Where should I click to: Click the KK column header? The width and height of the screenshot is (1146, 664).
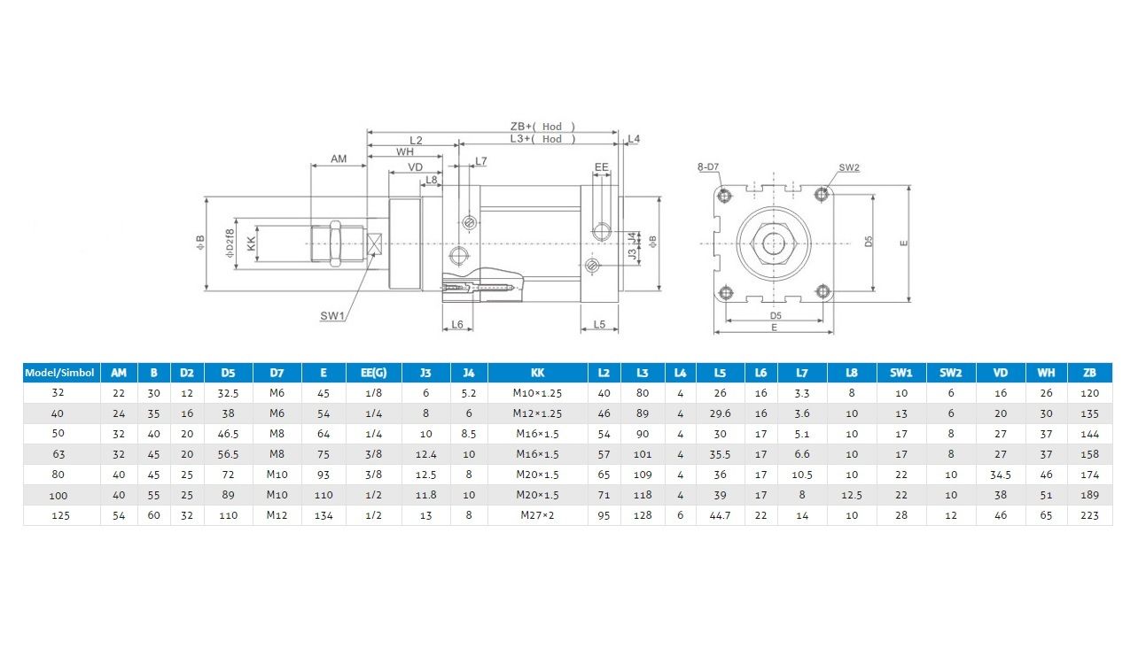click(537, 373)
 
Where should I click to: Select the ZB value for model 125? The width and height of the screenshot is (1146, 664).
click(1089, 515)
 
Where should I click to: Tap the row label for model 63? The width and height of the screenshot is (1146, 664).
click(58, 454)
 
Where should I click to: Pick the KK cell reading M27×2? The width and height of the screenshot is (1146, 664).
click(537, 515)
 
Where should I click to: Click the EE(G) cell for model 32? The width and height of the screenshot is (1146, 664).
click(373, 393)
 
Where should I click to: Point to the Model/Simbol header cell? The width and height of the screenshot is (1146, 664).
click(60, 373)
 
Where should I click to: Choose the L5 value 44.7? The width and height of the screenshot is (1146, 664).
click(720, 515)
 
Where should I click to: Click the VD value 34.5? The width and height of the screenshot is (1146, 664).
click(1000, 475)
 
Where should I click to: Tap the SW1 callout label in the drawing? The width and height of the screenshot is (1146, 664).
click(332, 316)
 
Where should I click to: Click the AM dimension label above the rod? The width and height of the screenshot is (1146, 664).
click(339, 159)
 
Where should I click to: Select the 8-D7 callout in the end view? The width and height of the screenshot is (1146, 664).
click(708, 167)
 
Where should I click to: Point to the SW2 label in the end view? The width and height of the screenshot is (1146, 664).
click(849, 167)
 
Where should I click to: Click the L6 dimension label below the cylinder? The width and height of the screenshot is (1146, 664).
click(456, 324)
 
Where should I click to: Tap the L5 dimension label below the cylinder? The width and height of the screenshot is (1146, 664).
click(599, 324)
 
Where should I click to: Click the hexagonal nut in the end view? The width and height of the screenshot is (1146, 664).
click(774, 243)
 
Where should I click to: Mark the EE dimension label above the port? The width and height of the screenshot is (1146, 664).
click(601, 167)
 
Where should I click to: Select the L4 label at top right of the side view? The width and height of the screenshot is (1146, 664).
click(634, 138)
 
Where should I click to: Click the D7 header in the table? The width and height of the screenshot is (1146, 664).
click(277, 373)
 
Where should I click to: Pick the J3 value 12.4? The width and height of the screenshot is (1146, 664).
click(425, 454)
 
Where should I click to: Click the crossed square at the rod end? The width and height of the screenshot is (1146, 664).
click(375, 243)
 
